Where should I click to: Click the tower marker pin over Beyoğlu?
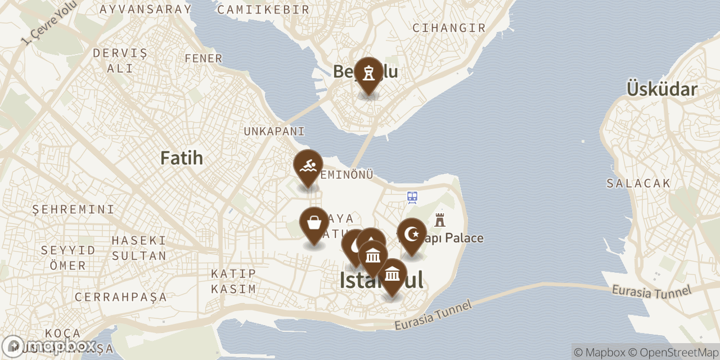click(x=368, y=74)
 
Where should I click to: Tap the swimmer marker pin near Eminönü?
click(x=308, y=166)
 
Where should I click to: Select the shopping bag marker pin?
click(x=314, y=224)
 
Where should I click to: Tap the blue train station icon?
click(x=413, y=197)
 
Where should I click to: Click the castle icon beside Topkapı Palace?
click(x=439, y=219)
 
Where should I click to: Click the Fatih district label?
click(x=181, y=157)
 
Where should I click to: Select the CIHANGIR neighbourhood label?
click(x=449, y=28)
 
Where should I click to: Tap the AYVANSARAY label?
click(x=145, y=10)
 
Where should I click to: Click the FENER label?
click(x=203, y=58)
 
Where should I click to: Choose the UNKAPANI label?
click(x=274, y=131)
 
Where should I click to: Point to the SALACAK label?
click(x=638, y=183)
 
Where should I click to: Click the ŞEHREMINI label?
click(x=73, y=209)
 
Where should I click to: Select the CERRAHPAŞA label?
click(x=121, y=296)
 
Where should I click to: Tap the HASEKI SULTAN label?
click(x=139, y=248)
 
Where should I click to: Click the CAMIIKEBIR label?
click(x=263, y=10)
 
